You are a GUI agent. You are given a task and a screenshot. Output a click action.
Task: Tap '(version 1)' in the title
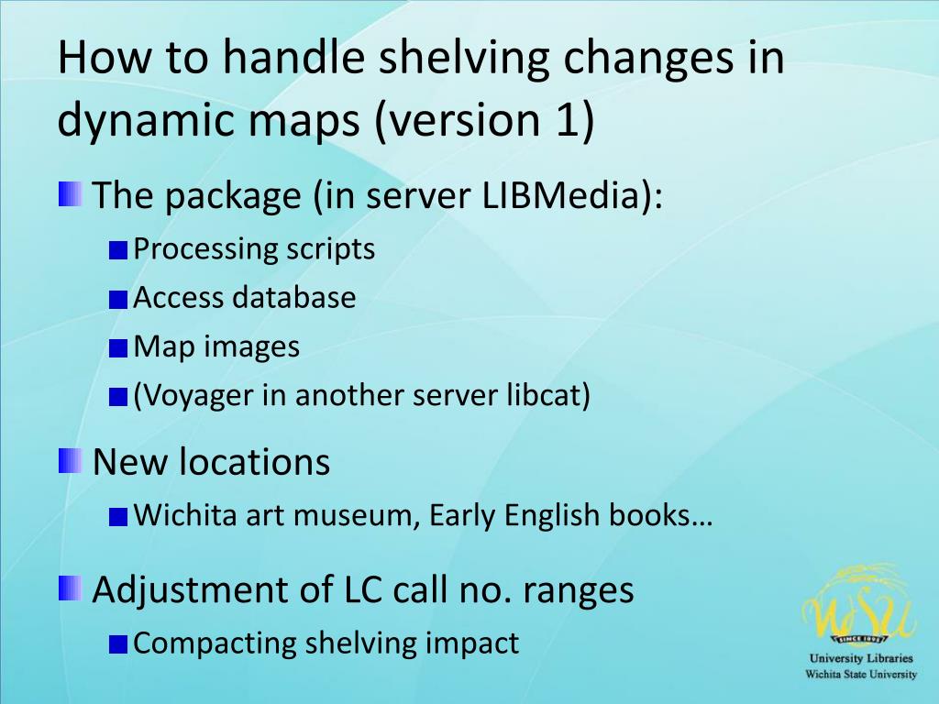(x=484, y=122)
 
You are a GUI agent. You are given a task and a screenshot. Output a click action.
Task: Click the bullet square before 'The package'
(x=70, y=194)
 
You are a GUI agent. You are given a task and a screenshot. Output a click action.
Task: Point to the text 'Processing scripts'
(x=254, y=249)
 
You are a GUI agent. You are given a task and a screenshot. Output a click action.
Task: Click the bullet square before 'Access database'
(x=116, y=299)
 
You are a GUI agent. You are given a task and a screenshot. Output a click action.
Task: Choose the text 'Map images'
(x=216, y=346)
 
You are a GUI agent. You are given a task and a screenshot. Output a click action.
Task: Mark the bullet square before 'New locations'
(x=70, y=460)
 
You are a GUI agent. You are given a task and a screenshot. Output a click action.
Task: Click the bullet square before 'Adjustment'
(x=70, y=588)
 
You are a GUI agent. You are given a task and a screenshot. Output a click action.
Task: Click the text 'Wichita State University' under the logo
(x=860, y=674)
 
